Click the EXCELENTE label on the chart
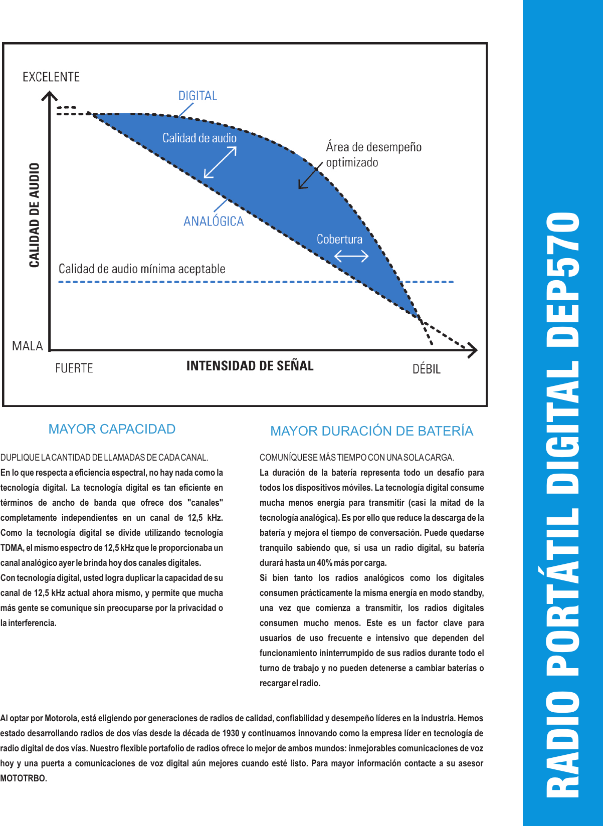(51, 77)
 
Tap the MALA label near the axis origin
(28, 346)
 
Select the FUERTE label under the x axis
(74, 368)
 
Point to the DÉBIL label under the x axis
(427, 369)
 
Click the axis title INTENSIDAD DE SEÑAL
(250, 366)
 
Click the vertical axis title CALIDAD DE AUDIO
(34, 215)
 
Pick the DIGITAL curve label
(197, 96)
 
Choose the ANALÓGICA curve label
(214, 221)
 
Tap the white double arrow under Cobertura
(351, 256)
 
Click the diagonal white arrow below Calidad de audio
(220, 163)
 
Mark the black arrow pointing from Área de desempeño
(310, 176)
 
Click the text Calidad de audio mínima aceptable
(142, 269)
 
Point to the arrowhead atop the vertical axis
(49, 95)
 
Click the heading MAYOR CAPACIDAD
(112, 429)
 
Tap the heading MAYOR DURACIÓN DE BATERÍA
(371, 431)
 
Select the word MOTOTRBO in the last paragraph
(23, 778)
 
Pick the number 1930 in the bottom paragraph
(231, 733)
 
